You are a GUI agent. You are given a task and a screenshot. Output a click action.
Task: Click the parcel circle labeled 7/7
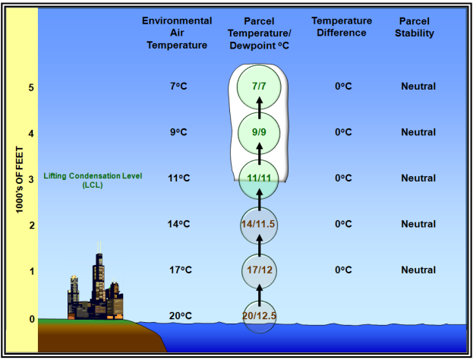pos(259,87)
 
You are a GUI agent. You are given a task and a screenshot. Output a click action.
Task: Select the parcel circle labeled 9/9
pos(259,133)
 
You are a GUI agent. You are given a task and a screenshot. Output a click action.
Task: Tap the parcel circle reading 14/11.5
pos(259,225)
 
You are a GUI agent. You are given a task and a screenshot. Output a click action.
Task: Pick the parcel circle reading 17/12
pos(259,270)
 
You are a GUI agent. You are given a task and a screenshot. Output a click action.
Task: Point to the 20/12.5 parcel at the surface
pos(259,316)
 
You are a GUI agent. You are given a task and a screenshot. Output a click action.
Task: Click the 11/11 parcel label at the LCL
pos(259,178)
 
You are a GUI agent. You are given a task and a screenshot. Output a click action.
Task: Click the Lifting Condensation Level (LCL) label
pos(93,180)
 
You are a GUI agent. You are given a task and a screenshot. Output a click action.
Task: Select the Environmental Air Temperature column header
pos(177,33)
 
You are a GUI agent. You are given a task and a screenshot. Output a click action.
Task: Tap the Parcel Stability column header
pos(415,27)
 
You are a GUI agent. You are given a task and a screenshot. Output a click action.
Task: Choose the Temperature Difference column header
pos(342,27)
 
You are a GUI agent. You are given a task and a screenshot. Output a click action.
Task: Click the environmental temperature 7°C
pos(178,87)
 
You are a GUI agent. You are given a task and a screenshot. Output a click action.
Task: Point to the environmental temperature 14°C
pos(179,224)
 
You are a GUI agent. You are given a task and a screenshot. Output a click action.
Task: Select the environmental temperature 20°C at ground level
pos(181,316)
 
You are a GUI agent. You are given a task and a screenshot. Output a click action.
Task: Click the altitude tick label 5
pos(31,88)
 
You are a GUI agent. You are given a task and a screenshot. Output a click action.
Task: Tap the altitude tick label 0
pos(32,319)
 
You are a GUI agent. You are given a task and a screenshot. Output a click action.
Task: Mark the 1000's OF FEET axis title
pos(20,180)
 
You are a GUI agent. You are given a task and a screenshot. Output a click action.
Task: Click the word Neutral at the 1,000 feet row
pos(418,270)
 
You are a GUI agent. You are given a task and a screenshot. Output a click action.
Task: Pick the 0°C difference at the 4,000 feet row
pos(343,132)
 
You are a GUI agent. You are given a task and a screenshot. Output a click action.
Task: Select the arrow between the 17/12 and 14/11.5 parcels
pos(260,245)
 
